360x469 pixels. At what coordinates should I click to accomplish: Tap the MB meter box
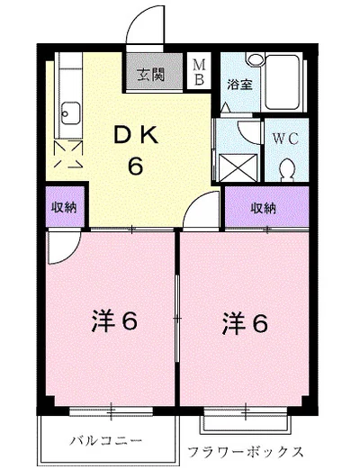[201, 71]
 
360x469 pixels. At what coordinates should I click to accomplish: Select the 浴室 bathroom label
[238, 86]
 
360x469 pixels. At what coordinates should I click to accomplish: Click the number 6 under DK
[137, 166]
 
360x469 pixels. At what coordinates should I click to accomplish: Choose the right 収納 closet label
[264, 208]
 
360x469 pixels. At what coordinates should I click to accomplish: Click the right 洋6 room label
[245, 322]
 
